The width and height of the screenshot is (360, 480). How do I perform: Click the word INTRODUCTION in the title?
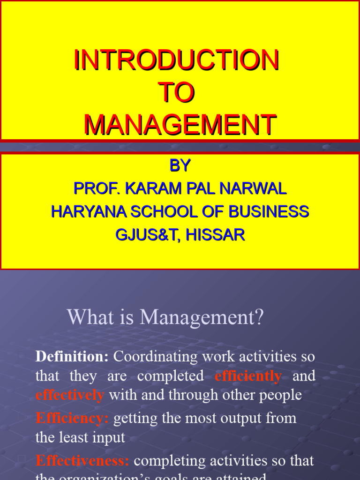(176, 60)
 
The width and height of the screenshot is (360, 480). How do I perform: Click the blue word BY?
(180, 165)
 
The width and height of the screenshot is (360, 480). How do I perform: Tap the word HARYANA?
(89, 211)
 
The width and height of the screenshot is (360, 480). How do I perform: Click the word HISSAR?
(215, 234)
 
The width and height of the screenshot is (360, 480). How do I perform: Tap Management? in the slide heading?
(202, 317)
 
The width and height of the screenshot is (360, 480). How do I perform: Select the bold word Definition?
(72, 357)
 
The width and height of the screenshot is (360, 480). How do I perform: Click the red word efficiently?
(248, 376)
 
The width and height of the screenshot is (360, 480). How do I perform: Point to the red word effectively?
(70, 395)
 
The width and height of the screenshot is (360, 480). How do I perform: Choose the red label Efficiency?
(72, 418)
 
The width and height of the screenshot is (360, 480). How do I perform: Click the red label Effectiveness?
(82, 461)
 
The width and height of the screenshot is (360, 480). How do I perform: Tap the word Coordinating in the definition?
(156, 357)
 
